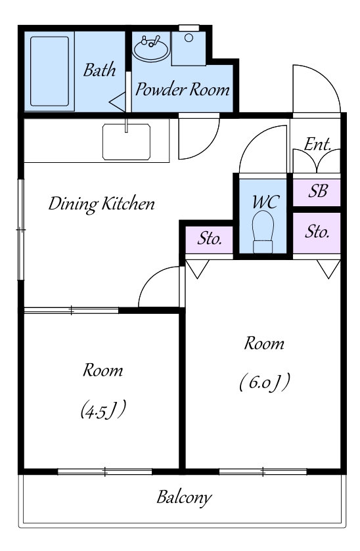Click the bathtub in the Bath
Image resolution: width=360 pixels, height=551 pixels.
(49, 72)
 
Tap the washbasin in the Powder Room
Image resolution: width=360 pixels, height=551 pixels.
(151, 49)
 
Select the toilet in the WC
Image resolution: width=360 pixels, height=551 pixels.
(263, 232)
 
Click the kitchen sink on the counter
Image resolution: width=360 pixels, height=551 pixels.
(127, 142)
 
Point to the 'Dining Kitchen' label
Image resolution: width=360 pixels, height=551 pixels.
(101, 204)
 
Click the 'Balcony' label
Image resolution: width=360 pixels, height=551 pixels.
(184, 498)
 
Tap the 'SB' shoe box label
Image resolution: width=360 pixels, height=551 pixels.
(318, 191)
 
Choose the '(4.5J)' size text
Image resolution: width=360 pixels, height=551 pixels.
(103, 410)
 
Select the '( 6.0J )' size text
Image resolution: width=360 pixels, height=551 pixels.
(264, 382)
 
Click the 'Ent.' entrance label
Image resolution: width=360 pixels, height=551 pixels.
(317, 144)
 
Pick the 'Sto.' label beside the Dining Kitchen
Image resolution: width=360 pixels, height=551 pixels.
(210, 238)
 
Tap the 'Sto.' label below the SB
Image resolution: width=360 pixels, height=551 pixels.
(317, 232)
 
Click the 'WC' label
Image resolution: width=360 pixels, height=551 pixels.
(265, 202)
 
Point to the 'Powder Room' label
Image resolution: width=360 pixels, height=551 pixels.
(183, 89)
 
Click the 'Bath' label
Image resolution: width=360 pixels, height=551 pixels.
(99, 70)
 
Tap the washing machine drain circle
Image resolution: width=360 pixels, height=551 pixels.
(189, 37)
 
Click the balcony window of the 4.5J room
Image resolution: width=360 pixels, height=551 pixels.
(104, 472)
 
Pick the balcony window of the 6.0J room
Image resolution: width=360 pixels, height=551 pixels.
(263, 472)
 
